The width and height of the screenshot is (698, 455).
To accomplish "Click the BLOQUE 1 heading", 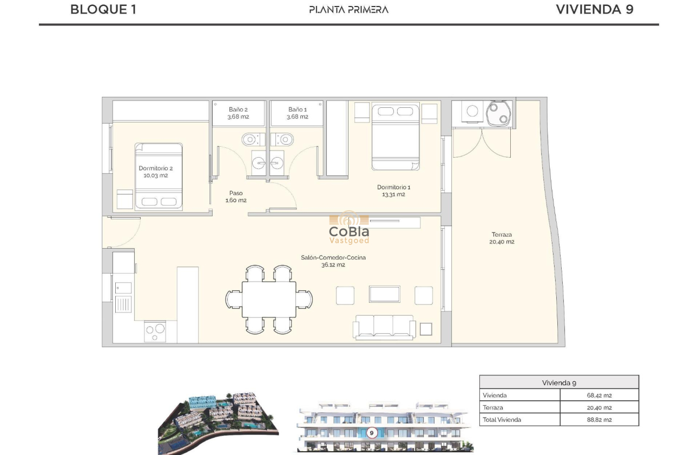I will (x=103, y=9).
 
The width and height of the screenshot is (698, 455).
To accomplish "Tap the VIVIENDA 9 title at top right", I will (x=594, y=9).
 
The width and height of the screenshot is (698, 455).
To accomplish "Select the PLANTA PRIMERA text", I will (x=348, y=9).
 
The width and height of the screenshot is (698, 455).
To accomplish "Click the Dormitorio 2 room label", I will (x=156, y=172).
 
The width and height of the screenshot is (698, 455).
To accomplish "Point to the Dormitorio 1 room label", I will (x=393, y=191).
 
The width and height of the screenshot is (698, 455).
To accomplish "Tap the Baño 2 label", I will (x=238, y=113).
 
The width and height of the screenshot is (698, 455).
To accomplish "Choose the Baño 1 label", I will (x=297, y=113).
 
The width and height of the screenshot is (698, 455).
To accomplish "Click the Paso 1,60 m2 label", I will (x=236, y=197).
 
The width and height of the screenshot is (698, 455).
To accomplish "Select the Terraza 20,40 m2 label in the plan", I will (x=502, y=238).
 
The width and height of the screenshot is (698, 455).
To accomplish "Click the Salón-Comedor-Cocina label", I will (x=333, y=261).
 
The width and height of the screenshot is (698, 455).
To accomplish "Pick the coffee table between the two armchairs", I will (x=385, y=294).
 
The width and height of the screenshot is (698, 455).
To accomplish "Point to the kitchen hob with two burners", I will (x=155, y=330).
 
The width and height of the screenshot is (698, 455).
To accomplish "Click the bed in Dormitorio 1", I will (x=395, y=137).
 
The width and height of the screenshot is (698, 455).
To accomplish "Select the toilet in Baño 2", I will (x=249, y=139).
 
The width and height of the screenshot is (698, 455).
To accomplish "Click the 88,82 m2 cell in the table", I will (x=599, y=419).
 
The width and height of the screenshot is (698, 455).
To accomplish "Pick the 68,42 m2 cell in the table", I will (x=599, y=395).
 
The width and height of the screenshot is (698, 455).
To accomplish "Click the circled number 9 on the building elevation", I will (x=372, y=433).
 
